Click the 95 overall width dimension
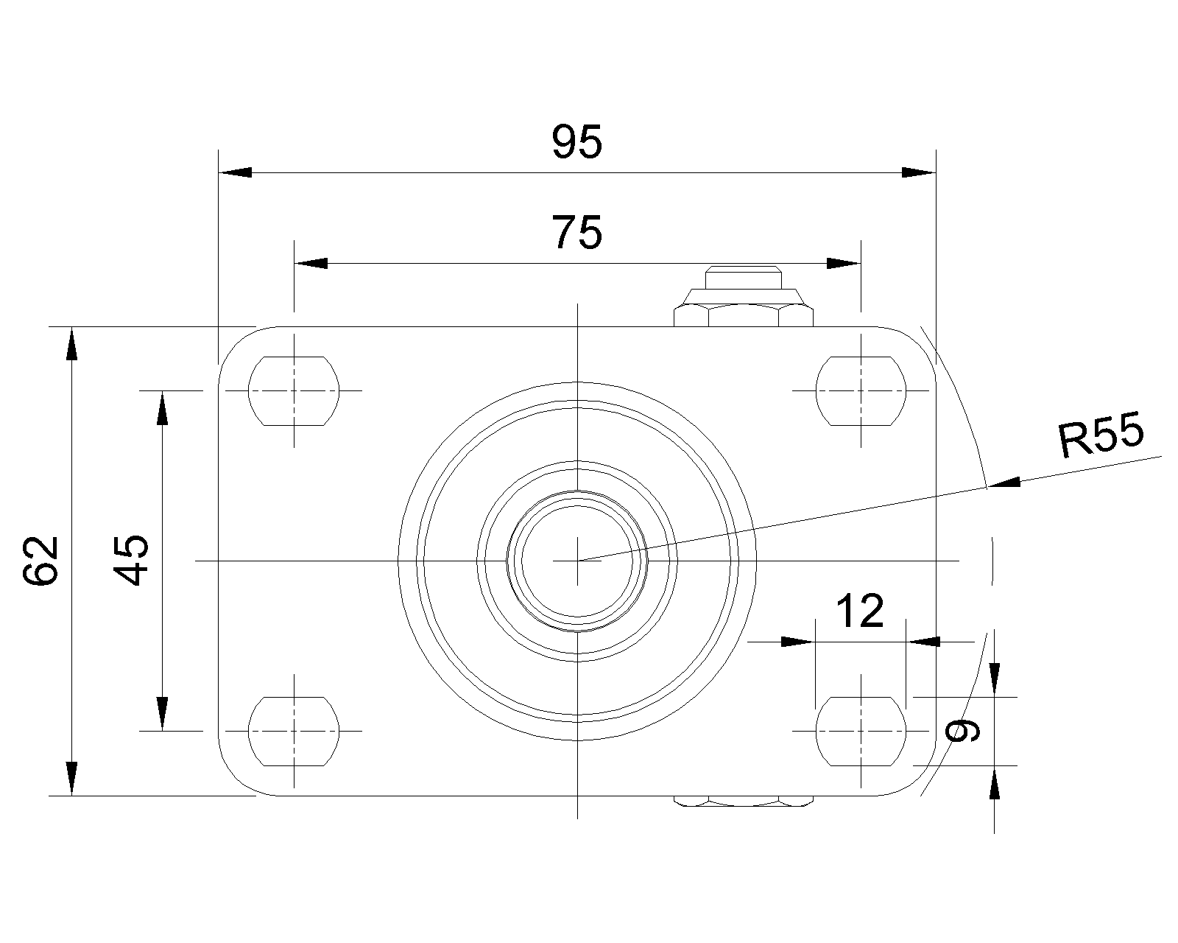[x=576, y=141]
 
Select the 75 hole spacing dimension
[x=576, y=232]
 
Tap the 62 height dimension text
[x=40, y=561]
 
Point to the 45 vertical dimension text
[x=131, y=561]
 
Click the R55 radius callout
[x=1101, y=435]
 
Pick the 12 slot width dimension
[x=860, y=611]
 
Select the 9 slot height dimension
[x=963, y=730]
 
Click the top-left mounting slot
[x=294, y=390]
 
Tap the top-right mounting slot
[x=861, y=390]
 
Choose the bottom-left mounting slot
[x=294, y=731]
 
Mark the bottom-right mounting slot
[x=861, y=731]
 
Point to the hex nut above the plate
[x=744, y=315]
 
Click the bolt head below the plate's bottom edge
[x=744, y=801]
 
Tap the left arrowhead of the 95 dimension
[x=236, y=172]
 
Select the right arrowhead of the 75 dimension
[x=844, y=264]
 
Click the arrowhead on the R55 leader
[x=1004, y=483]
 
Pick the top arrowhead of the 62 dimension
[x=71, y=344]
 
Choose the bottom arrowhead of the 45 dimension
[x=162, y=714]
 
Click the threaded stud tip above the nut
[x=744, y=277]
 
